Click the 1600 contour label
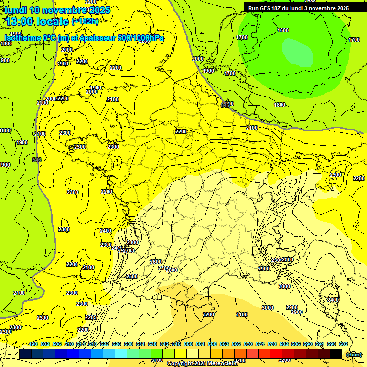tap(283, 30)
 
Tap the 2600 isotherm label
tap(155, 262)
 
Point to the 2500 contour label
tap(132, 277)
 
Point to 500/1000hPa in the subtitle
tap(141, 38)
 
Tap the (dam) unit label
tap(354, 354)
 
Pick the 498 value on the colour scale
tap(33, 344)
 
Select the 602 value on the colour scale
tap(343, 344)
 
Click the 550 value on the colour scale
tap(188, 344)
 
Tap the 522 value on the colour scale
tap(105, 344)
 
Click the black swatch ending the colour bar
tap(336, 354)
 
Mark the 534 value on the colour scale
tap(140, 344)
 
